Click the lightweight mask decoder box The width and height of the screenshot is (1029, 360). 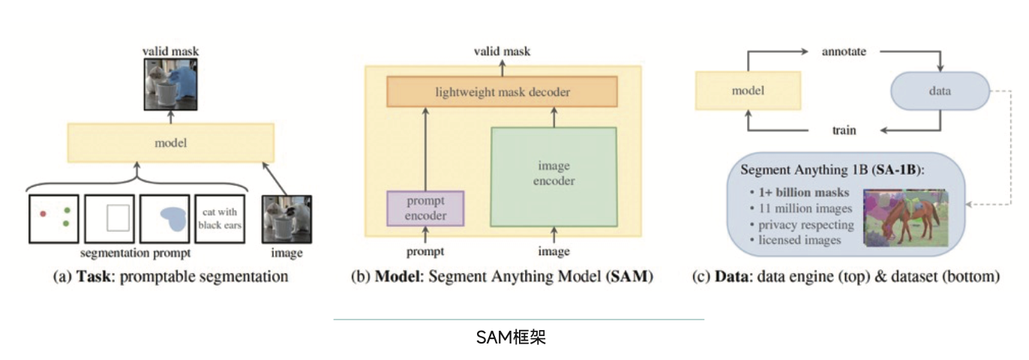coord(502,92)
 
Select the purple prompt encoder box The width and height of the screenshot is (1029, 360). coord(425,208)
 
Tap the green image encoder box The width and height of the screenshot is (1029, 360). coord(553,177)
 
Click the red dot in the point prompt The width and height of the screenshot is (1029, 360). coord(43,214)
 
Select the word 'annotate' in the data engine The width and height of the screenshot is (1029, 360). coord(844,52)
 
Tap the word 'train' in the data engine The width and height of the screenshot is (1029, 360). coord(844,130)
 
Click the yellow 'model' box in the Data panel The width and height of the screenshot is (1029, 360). coord(748,91)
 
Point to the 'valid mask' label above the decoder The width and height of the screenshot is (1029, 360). coord(502,51)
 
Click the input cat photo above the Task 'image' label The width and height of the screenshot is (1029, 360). coord(285,218)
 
